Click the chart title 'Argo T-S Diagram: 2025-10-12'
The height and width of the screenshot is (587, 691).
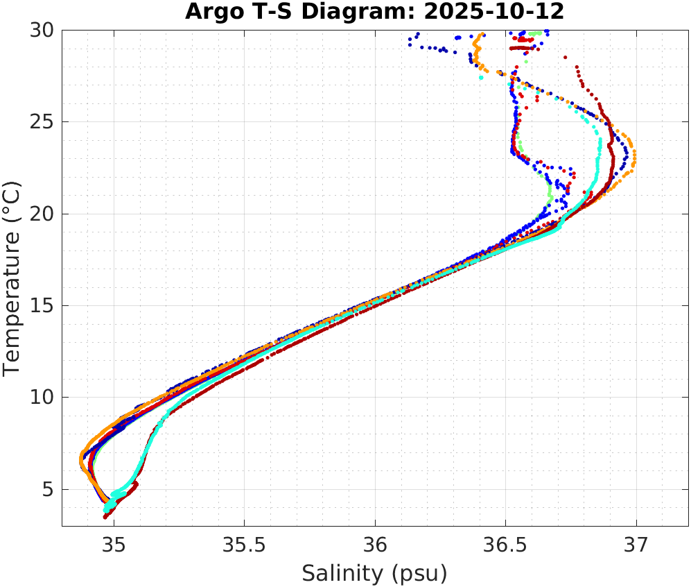[x=374, y=12]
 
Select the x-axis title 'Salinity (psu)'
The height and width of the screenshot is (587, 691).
[x=374, y=573]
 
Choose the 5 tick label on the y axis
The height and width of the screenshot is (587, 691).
[x=49, y=490]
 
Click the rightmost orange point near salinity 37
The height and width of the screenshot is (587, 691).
[x=635, y=155]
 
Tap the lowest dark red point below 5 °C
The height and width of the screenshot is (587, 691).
[x=105, y=517]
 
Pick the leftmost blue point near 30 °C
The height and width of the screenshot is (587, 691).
[x=410, y=45]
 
